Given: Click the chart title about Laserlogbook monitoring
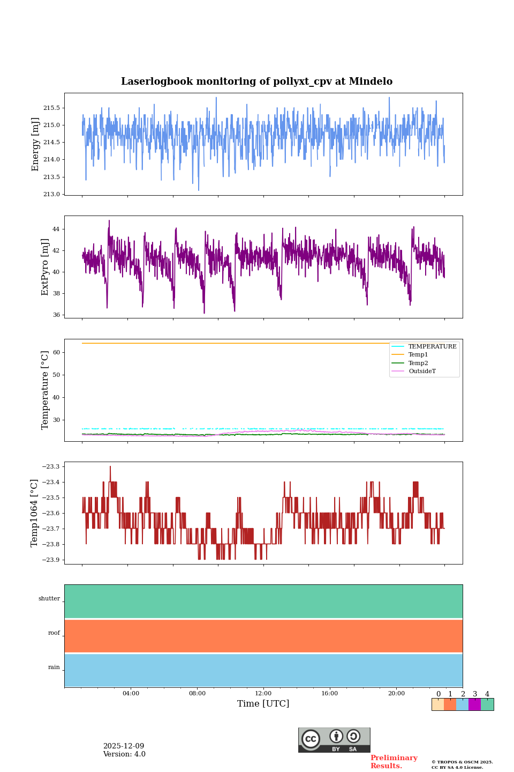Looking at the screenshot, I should pos(256,81).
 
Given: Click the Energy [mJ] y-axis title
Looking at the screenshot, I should pos(36,144).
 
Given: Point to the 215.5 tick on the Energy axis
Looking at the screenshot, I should pos(51,108).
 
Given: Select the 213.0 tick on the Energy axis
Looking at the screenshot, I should pos(51,194).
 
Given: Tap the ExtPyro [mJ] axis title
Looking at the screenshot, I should pos(45,267).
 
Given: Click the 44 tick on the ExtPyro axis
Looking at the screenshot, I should pos(56,229).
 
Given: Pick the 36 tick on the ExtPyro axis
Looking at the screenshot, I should pos(56,315).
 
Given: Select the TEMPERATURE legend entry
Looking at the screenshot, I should pos(432,347).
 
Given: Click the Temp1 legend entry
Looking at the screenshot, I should pos(418,355).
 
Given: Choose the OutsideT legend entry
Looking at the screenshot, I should pos(422,372).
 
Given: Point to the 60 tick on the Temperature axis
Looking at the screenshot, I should pos(56,353).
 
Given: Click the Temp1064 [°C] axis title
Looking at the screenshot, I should pos(35,513).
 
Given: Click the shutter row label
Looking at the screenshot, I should pos(49,599).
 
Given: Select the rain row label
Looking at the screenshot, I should pos(54,667).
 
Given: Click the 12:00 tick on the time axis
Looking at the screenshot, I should pos(263,694).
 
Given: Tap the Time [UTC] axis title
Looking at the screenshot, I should pos(263,704).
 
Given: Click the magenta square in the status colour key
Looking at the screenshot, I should pos(474,704).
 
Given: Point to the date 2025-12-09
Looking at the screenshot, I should pos(124,746).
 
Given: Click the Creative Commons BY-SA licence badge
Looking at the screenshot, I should pos(334,740).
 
